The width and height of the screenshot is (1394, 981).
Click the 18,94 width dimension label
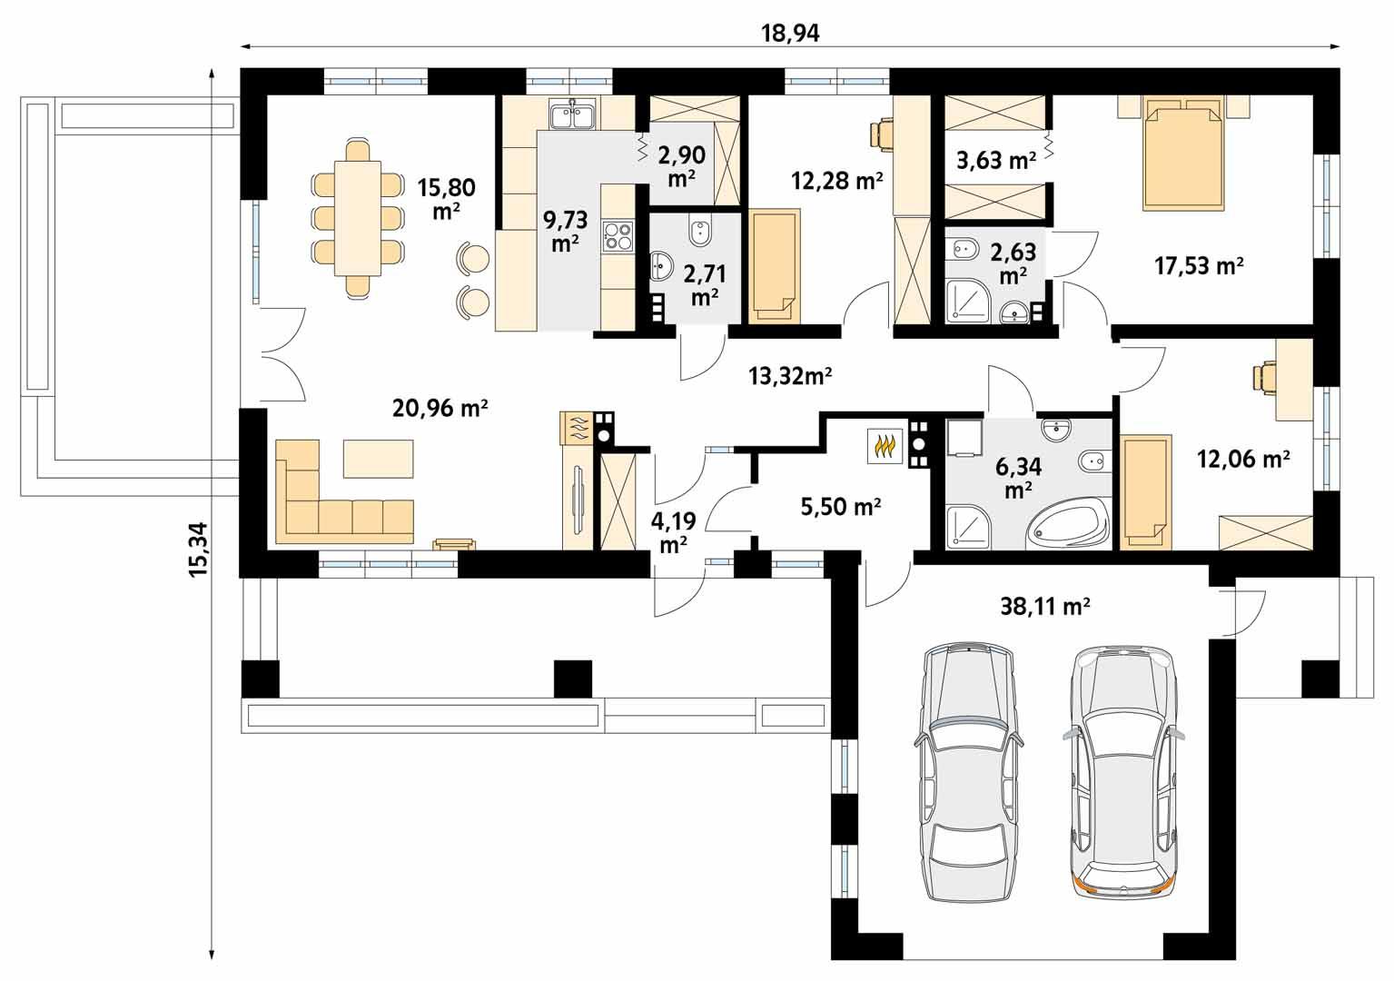click(789, 34)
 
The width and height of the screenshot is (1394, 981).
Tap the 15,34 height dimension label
click(197, 548)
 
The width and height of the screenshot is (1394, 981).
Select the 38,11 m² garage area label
click(1045, 606)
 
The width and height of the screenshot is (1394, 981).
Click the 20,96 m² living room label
click(440, 409)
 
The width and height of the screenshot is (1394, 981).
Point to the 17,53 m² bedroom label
click(1199, 265)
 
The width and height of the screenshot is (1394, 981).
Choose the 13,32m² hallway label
click(790, 374)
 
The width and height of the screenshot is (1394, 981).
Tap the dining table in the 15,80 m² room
click(357, 218)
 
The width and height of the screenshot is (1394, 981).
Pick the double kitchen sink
click(571, 116)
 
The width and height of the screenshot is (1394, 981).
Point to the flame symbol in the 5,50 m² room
click(884, 446)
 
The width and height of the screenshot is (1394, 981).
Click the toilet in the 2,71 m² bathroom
click(699, 233)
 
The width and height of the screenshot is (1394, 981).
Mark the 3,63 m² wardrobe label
click(996, 161)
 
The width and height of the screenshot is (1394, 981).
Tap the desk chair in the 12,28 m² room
click(882, 133)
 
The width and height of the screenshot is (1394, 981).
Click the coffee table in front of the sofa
click(378, 459)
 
